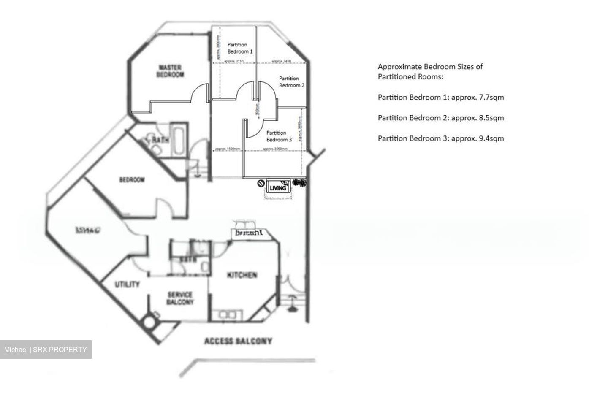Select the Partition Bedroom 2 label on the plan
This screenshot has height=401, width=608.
291,82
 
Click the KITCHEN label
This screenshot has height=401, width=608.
242,275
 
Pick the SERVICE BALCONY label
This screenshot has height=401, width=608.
180,298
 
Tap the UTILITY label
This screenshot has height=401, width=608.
127,284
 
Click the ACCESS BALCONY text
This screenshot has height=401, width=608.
238,341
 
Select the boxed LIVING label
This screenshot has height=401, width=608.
278,188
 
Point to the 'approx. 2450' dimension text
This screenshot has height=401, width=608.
281,62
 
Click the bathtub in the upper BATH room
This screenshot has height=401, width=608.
178,139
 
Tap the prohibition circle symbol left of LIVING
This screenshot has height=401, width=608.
261,184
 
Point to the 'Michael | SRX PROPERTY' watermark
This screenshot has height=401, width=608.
46,350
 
